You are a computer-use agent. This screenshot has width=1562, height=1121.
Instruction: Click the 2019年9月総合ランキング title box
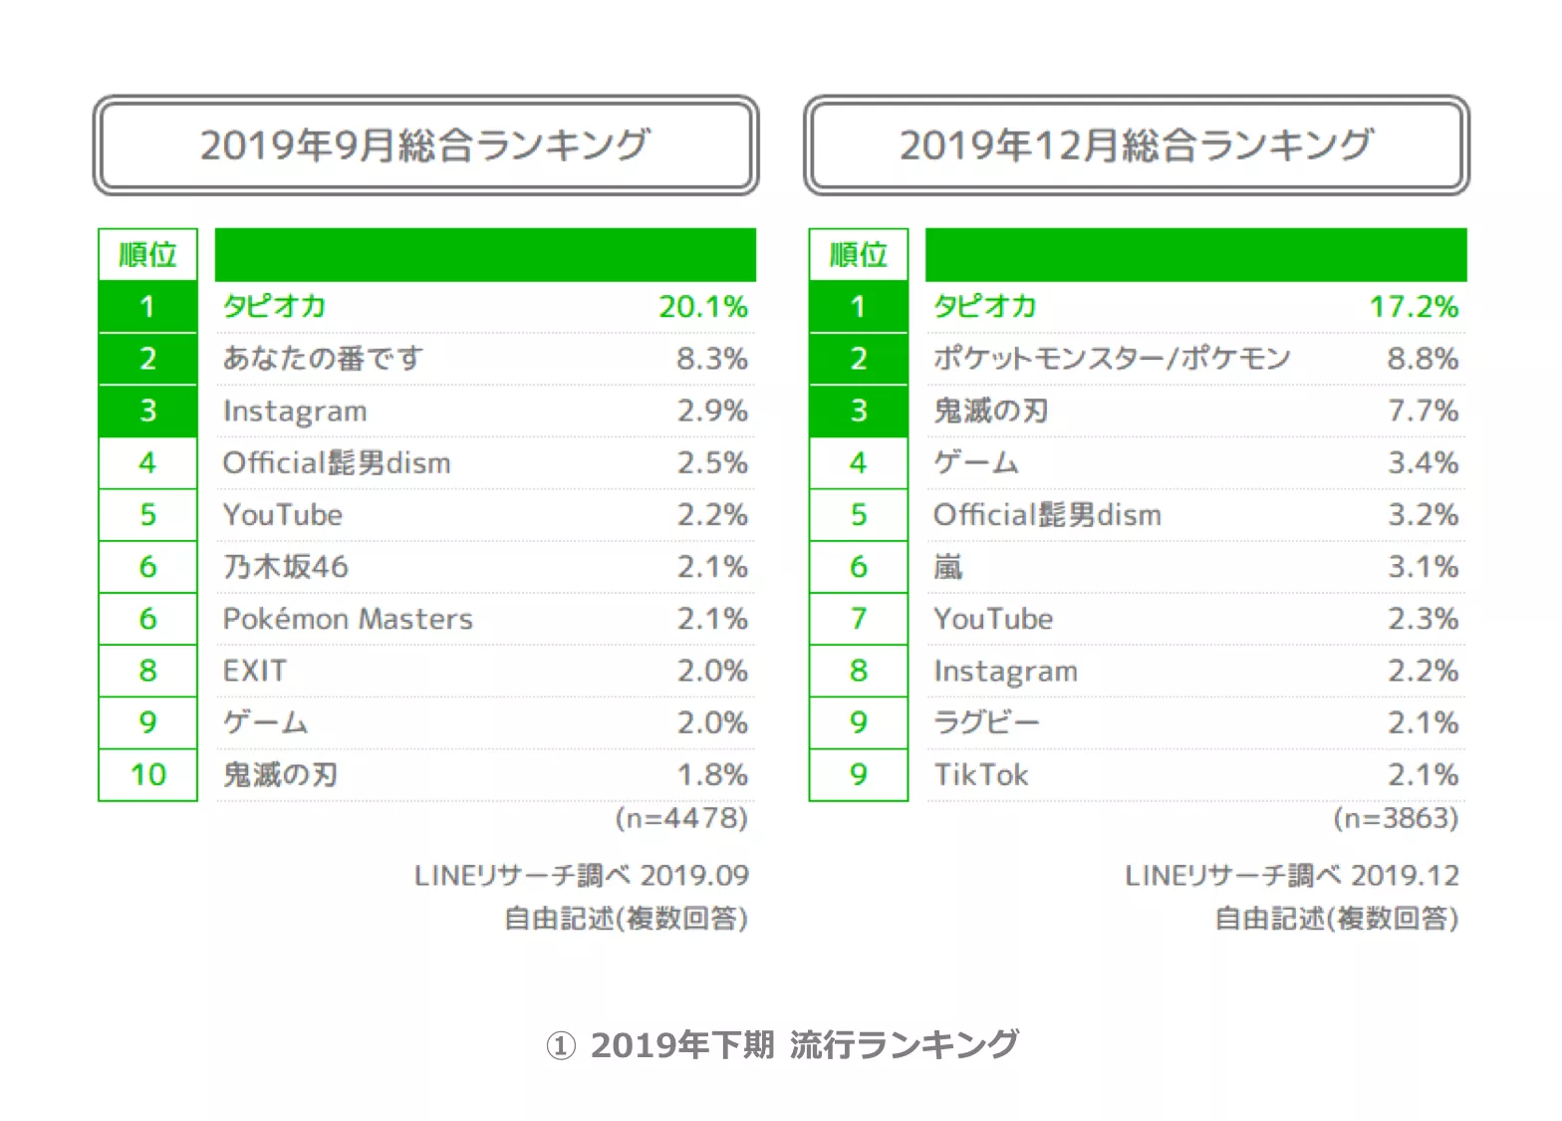425,145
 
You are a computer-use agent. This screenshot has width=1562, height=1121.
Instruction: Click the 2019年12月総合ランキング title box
1136,145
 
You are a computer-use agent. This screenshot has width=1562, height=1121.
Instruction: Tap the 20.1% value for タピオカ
702,307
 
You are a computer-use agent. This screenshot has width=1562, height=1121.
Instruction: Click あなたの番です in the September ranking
323,359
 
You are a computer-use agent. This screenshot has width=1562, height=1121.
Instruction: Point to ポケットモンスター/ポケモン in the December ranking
1112,359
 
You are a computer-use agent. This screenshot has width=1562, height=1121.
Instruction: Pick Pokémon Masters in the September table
348,619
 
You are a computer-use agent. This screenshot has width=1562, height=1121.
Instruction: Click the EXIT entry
255,671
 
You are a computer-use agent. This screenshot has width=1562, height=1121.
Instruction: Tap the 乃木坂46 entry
286,567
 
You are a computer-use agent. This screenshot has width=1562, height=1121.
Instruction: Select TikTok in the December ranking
981,774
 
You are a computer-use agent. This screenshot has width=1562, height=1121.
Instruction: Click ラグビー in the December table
986,722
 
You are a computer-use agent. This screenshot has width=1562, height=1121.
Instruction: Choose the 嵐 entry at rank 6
948,567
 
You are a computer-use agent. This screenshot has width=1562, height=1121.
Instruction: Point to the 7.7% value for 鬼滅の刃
1423,411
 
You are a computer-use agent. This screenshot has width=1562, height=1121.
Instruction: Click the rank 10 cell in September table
148,774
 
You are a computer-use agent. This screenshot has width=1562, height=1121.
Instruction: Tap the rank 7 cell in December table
859,619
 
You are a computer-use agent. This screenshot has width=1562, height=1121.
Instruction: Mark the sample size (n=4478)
681,818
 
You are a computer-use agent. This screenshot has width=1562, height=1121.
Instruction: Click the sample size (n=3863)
1396,818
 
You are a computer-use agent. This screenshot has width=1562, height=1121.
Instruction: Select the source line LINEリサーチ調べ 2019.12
1292,875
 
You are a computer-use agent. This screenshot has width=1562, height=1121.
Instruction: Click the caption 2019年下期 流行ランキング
782,1044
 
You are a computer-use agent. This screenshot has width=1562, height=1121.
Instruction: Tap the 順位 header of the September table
148,255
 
